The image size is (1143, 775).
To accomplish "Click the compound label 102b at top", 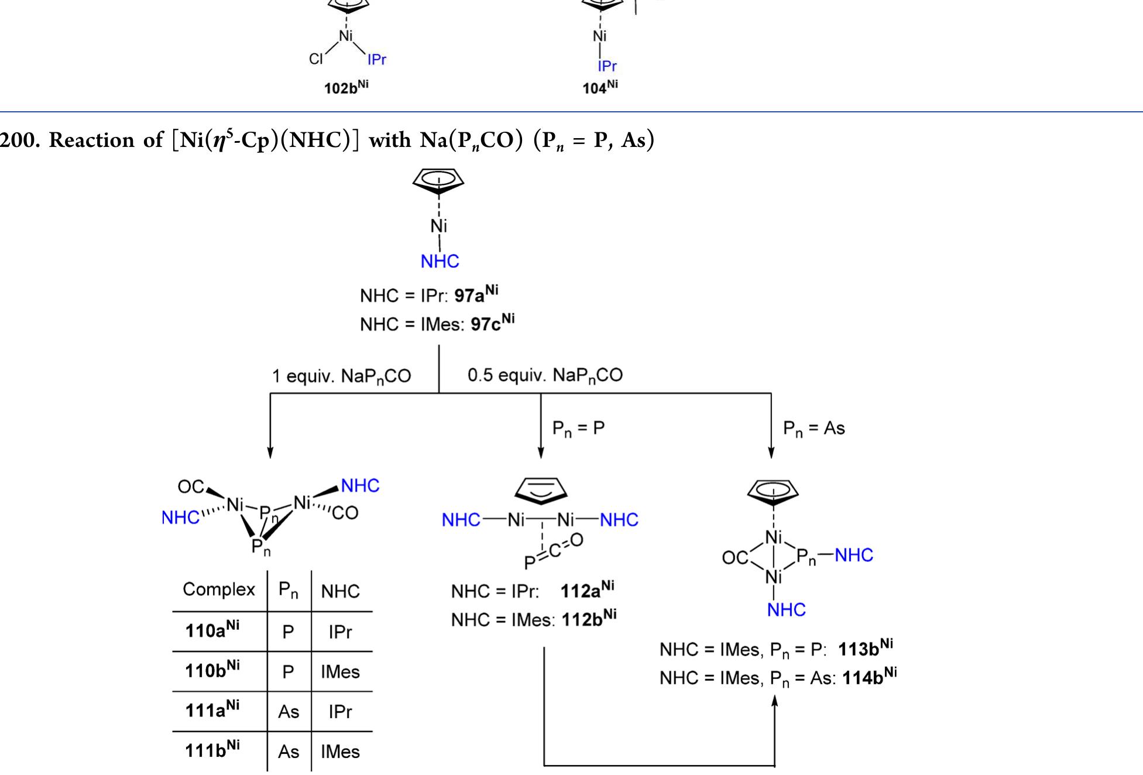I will pyautogui.click(x=346, y=87).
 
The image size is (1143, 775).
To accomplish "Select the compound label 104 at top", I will pyautogui.click(x=600, y=87).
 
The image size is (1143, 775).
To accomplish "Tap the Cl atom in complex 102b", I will pyautogui.click(x=316, y=59).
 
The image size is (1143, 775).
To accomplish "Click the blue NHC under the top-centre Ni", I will pyautogui.click(x=440, y=261).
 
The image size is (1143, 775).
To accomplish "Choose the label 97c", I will pyautogui.click(x=492, y=323).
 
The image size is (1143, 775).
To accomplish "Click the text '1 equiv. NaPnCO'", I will pyautogui.click(x=341, y=376).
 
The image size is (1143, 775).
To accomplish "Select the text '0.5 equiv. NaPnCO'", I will pyautogui.click(x=545, y=375).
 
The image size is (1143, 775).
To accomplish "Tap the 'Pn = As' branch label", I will pyautogui.click(x=814, y=428).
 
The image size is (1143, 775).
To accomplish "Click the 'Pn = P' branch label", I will pyautogui.click(x=578, y=428).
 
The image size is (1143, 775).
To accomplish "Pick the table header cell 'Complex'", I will pyautogui.click(x=219, y=589).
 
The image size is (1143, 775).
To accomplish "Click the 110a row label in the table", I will pyautogui.click(x=212, y=630).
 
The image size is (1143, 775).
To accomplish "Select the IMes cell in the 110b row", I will pyautogui.click(x=340, y=672).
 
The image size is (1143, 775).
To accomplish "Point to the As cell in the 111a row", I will pyautogui.click(x=289, y=712).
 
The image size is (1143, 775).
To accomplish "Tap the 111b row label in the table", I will pyautogui.click(x=212, y=750).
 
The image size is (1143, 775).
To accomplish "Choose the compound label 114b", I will pyautogui.click(x=869, y=677).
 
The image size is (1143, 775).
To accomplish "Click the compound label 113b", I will pyautogui.click(x=865, y=648).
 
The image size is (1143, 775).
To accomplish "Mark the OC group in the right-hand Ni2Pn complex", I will pyautogui.click(x=734, y=558).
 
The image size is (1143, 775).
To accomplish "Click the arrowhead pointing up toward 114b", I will pyautogui.click(x=775, y=701).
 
